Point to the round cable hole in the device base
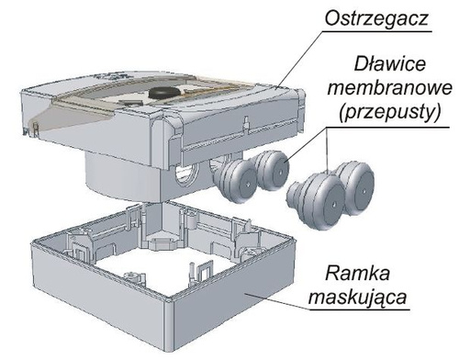click(x=183, y=175)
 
